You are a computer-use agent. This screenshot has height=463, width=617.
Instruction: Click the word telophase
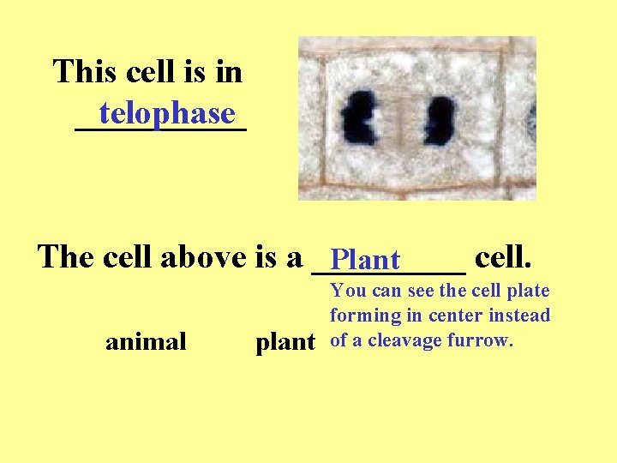166,112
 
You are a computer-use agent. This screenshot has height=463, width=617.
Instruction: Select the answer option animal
146,342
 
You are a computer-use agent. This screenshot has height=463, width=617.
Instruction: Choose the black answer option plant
285,342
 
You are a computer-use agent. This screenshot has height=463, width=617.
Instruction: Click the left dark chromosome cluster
360,119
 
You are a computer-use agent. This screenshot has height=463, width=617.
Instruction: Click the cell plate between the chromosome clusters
401,120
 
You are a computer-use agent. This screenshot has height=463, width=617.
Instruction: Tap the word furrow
483,340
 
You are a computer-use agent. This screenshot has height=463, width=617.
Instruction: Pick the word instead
519,316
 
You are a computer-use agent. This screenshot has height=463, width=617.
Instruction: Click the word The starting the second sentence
66,256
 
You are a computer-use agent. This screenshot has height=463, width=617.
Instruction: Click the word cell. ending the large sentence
504,256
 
